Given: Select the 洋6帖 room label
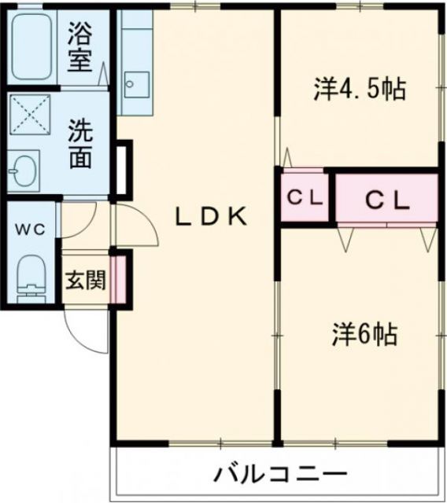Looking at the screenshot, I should tap(363, 336).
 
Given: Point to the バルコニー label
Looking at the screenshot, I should tap(280, 475).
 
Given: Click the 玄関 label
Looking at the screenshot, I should tap(85, 281).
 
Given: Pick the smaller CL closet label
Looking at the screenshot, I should tap(305, 199).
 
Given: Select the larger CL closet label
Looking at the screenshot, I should tap(386, 200).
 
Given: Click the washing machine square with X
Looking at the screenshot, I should tap(30, 117).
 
